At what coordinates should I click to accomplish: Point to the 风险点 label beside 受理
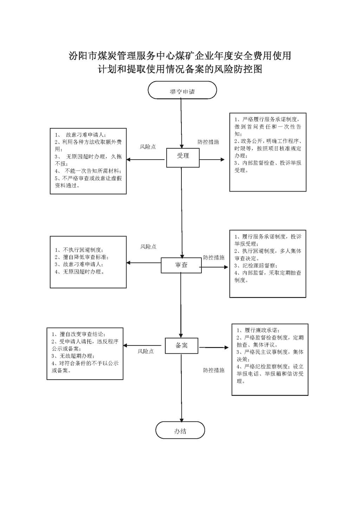pyautogui.click(x=148, y=147)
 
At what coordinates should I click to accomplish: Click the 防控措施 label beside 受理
pyautogui.click(x=208, y=142)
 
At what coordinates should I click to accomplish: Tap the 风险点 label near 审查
pyautogui.click(x=148, y=246)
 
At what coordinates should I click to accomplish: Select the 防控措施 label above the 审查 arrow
pyautogui.click(x=214, y=257)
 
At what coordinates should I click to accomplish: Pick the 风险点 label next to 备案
pyautogui.click(x=146, y=351)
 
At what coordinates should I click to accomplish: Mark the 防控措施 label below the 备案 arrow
pyautogui.click(x=214, y=370)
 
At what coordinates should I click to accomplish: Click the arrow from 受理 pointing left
pyautogui.click(x=146, y=160)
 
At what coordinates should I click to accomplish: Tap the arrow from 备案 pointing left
pyautogui.click(x=142, y=346)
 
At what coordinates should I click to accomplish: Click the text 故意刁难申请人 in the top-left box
pyautogui.click(x=84, y=135)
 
